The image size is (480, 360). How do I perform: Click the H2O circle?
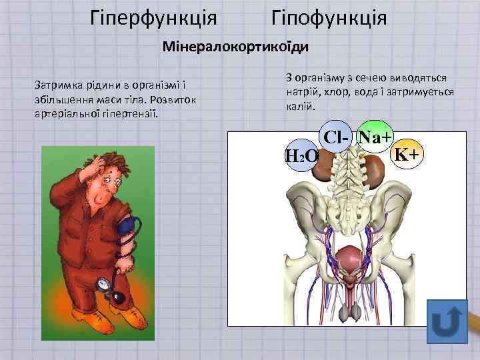(301, 157)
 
